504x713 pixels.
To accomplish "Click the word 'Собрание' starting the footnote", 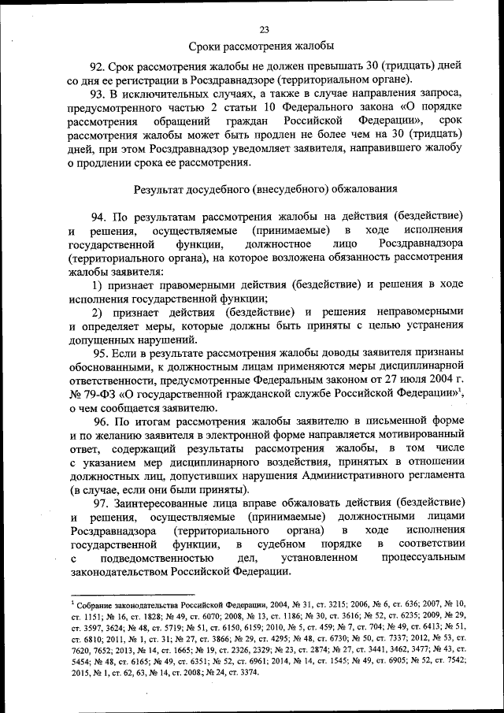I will (95, 603).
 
